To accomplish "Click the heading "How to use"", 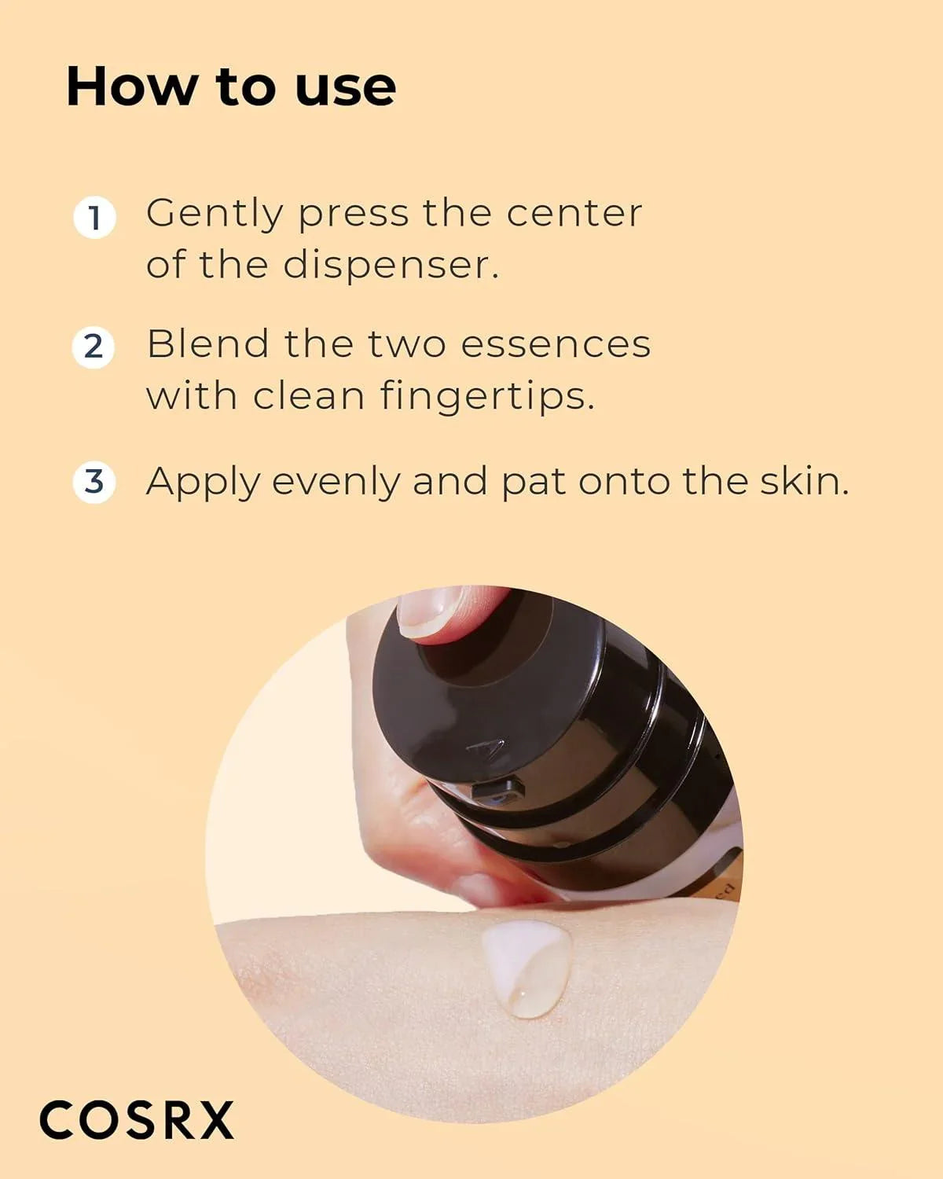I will point(231,86).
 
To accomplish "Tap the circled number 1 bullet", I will point(94,217).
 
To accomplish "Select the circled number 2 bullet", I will point(94,347).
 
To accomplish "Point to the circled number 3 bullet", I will point(94,481).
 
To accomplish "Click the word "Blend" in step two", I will point(207,344).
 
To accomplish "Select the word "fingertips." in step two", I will point(487,397).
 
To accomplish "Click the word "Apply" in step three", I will point(202,483).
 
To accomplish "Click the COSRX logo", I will point(137,1120).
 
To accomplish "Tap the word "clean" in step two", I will point(309,395).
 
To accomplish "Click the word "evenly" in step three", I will point(336,483).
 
